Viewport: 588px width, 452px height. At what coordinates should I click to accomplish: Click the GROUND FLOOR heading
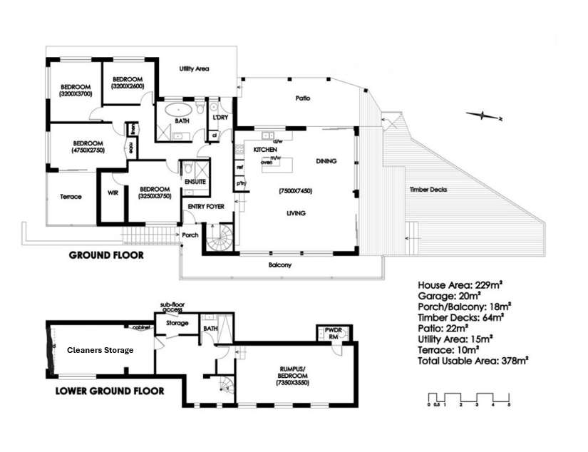(x=105, y=255)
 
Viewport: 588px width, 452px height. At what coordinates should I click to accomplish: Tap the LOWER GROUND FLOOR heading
(x=110, y=391)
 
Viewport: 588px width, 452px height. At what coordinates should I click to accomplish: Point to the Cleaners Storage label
(x=100, y=350)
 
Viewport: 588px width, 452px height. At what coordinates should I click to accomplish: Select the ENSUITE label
(x=195, y=183)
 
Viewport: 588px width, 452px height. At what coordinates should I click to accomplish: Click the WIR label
(x=112, y=192)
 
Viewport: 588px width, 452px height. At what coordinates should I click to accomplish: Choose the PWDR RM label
(x=329, y=334)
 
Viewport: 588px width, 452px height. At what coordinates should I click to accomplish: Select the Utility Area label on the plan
(x=194, y=69)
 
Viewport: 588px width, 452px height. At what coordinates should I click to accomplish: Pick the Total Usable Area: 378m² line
(x=473, y=361)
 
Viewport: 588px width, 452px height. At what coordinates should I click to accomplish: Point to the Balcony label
(x=279, y=265)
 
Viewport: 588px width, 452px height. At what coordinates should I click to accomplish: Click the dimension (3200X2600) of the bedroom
(x=128, y=86)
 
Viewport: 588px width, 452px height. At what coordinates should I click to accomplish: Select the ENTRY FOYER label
(x=206, y=207)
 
